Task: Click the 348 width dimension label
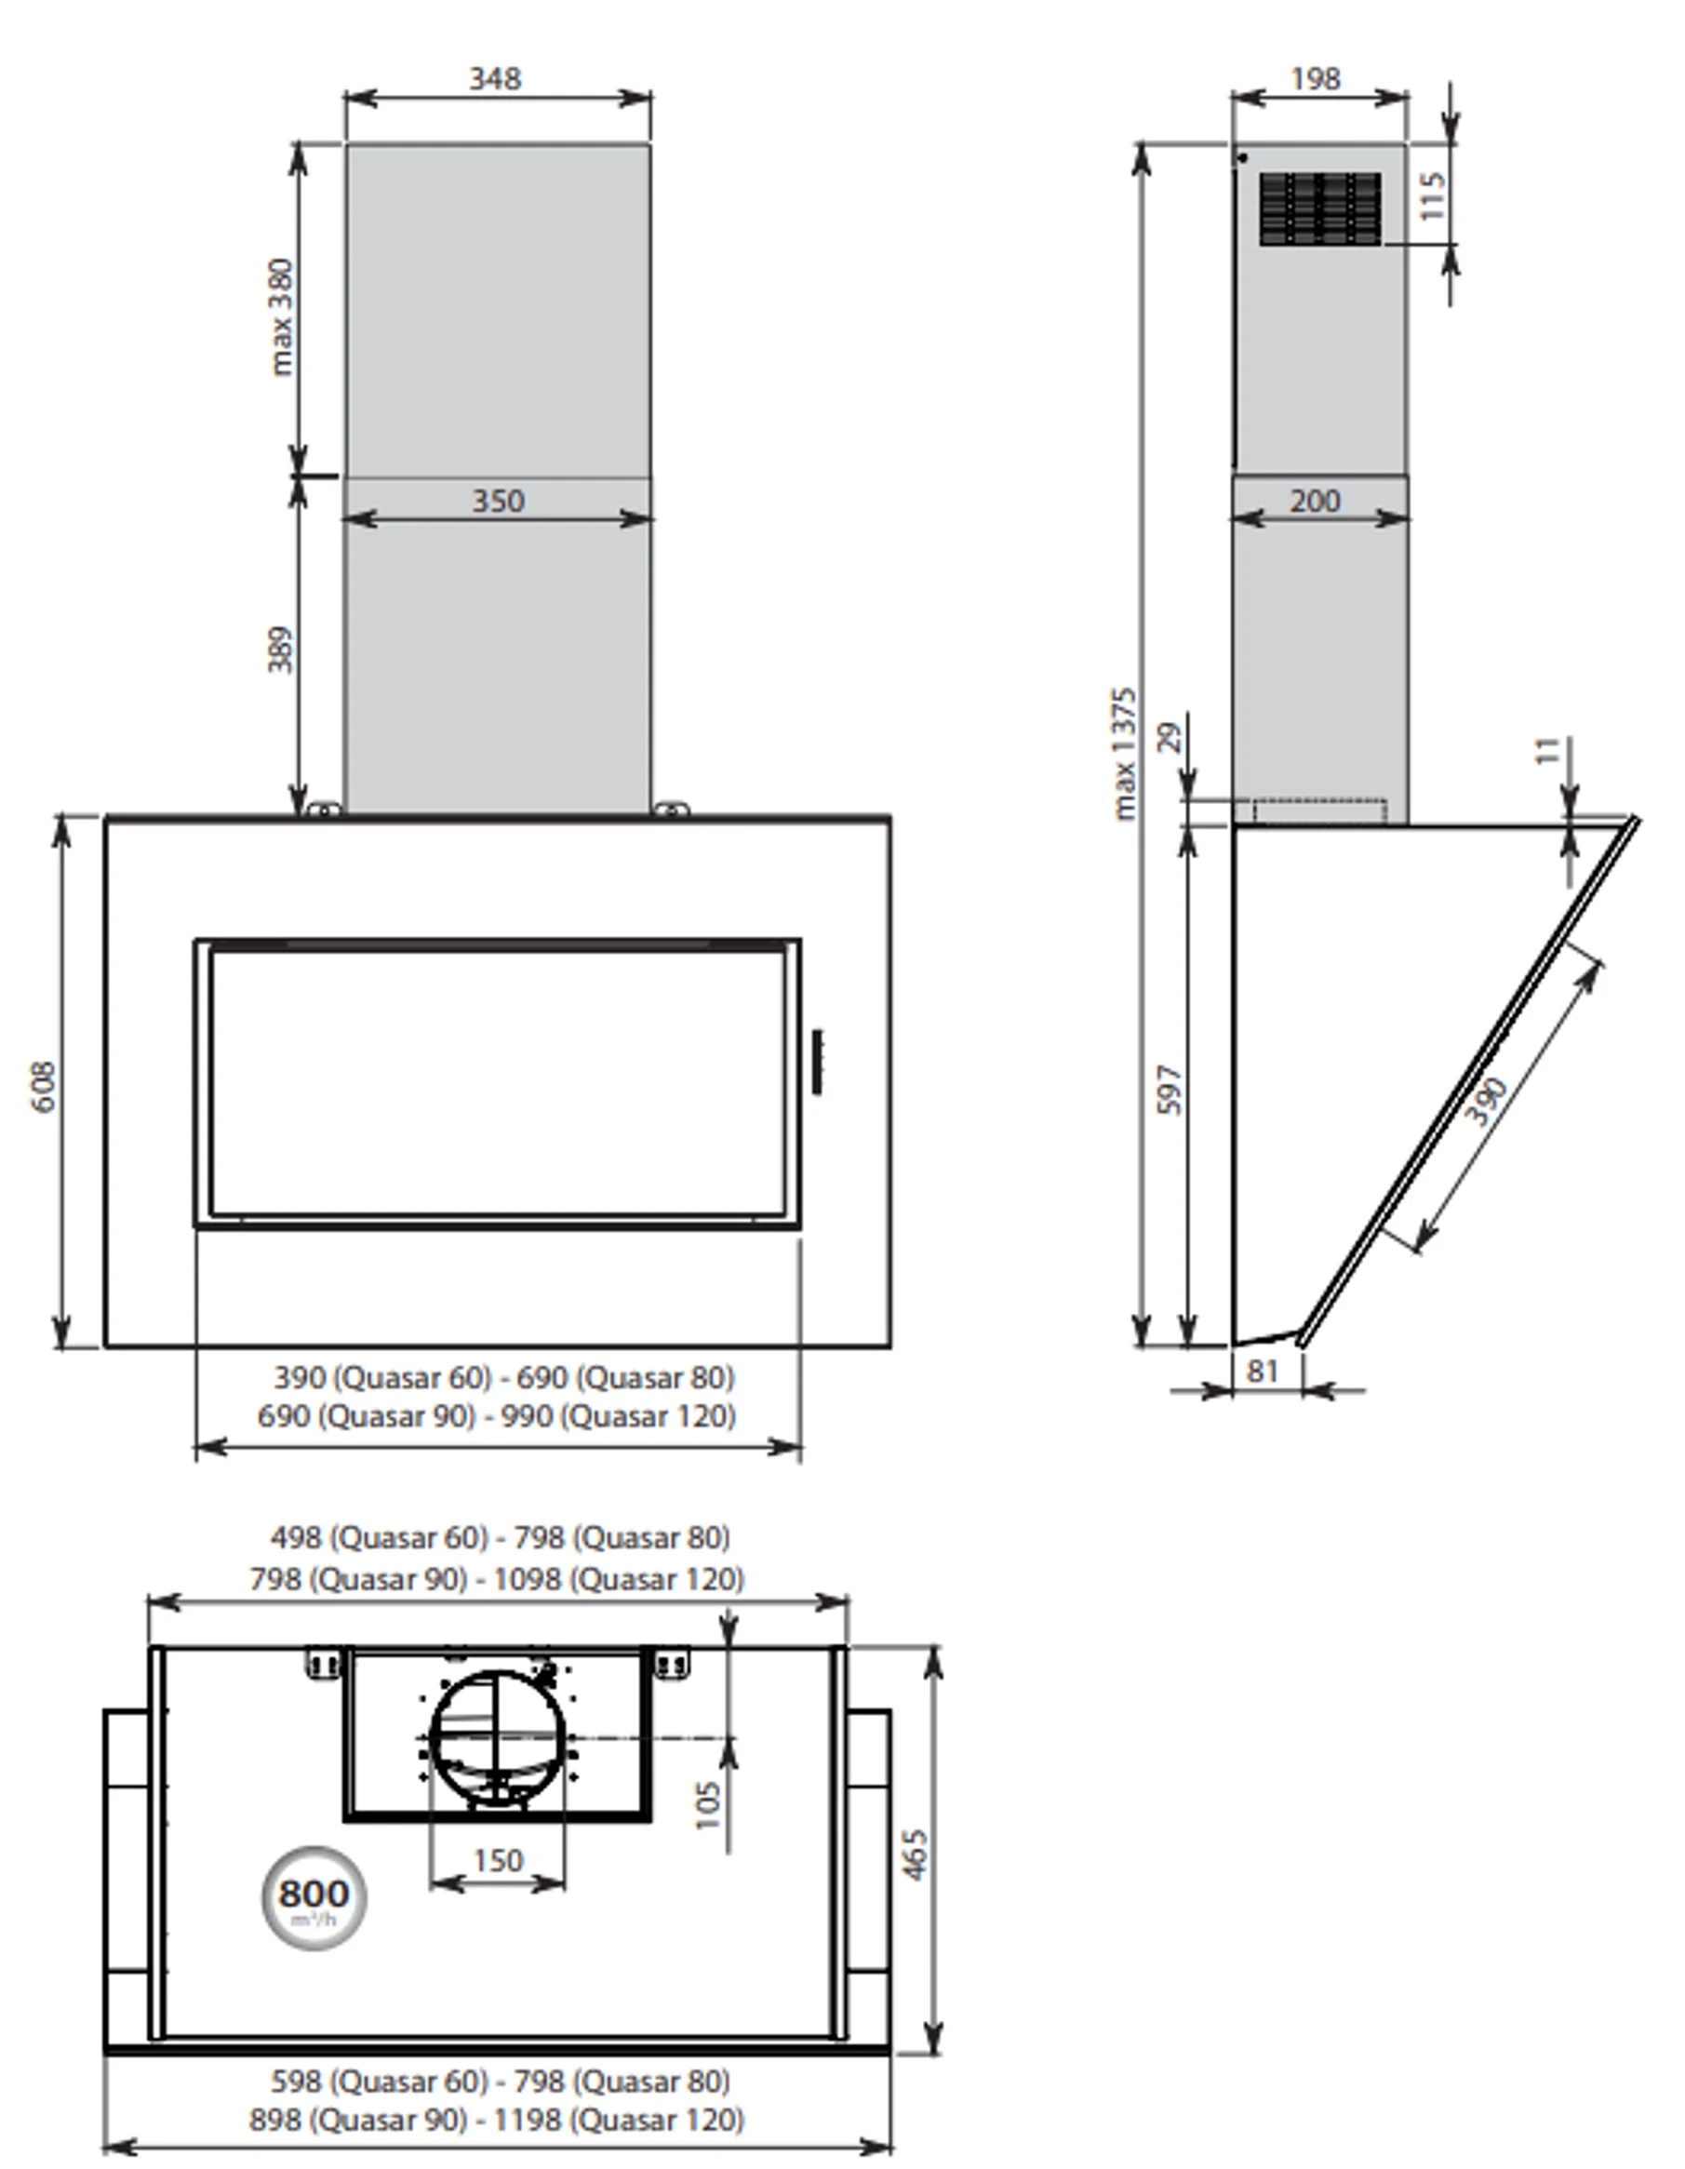click(x=494, y=78)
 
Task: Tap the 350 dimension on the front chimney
click(x=498, y=501)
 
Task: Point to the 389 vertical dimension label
click(x=281, y=649)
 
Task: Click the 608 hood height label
click(x=44, y=1087)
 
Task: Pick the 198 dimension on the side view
click(x=1316, y=78)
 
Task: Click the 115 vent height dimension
click(x=1432, y=196)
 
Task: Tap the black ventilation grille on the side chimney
click(x=1320, y=208)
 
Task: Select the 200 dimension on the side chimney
click(x=1315, y=501)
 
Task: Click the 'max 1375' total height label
click(x=1123, y=754)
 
